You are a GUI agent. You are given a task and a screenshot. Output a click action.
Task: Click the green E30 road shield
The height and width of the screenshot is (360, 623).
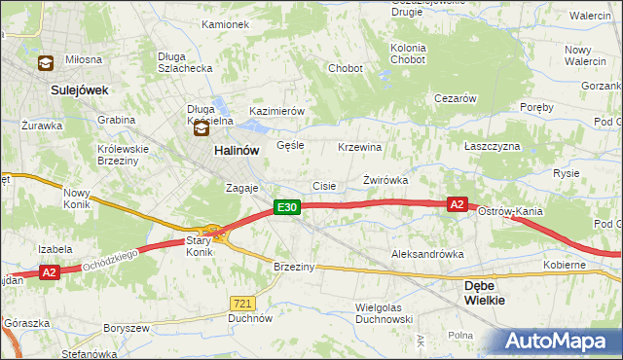tap(284, 207)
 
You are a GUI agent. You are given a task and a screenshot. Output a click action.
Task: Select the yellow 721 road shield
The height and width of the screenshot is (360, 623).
tap(243, 304)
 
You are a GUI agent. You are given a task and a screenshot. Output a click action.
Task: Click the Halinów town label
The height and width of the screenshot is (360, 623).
tap(236, 152)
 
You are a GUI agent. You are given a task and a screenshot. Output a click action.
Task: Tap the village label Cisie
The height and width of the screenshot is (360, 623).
tap(324, 186)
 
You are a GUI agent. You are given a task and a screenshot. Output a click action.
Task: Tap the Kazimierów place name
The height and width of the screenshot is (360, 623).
tap(277, 111)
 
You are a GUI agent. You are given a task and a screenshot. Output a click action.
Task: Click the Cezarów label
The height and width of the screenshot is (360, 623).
tap(455, 98)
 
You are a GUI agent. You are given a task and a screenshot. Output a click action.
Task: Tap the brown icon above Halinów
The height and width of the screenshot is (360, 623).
tap(201, 127)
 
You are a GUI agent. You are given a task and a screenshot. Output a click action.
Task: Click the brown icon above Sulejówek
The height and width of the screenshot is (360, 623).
tap(45, 64)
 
